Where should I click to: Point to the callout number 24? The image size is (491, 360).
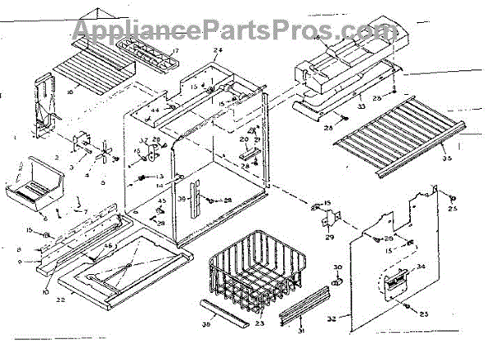point(218,51)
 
